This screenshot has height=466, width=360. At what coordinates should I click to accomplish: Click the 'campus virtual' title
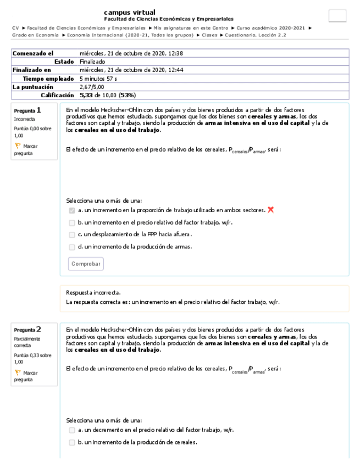coord(129,12)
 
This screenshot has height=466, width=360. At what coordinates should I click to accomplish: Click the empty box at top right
coord(337,16)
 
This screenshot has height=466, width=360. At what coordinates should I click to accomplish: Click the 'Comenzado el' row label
coord(33,53)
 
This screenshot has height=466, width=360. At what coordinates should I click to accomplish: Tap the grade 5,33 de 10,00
coord(108,95)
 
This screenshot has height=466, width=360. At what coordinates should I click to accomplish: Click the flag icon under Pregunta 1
coord(17,146)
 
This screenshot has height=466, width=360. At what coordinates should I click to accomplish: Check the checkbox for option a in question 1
coord(72,210)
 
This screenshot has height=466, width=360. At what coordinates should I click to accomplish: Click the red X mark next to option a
coord(270,209)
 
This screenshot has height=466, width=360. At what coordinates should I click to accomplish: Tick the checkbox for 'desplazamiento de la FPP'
coord(72,235)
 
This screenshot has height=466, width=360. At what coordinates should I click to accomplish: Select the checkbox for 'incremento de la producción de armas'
coord(72,247)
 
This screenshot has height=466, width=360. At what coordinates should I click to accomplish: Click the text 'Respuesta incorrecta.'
coord(93,293)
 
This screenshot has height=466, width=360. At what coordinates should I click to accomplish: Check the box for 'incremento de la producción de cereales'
coord(72,442)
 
